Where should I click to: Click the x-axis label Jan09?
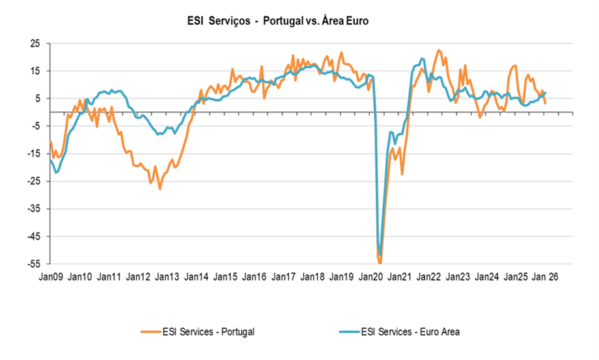pyautogui.click(x=50, y=277)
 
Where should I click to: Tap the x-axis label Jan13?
pyautogui.click(x=167, y=277)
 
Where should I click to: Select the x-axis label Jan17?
pyautogui.click(x=283, y=277)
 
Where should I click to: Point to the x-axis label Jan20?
pyautogui.click(x=370, y=277)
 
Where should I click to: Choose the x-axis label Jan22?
pyautogui.click(x=429, y=277)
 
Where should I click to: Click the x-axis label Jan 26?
pyautogui.click(x=546, y=277)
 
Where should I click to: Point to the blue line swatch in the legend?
pyautogui.click(x=351, y=332)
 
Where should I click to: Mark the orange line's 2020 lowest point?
pyautogui.click(x=380, y=262)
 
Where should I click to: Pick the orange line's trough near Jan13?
pyautogui.click(x=160, y=189)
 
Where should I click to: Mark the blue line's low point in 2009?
pyautogui.click(x=57, y=173)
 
